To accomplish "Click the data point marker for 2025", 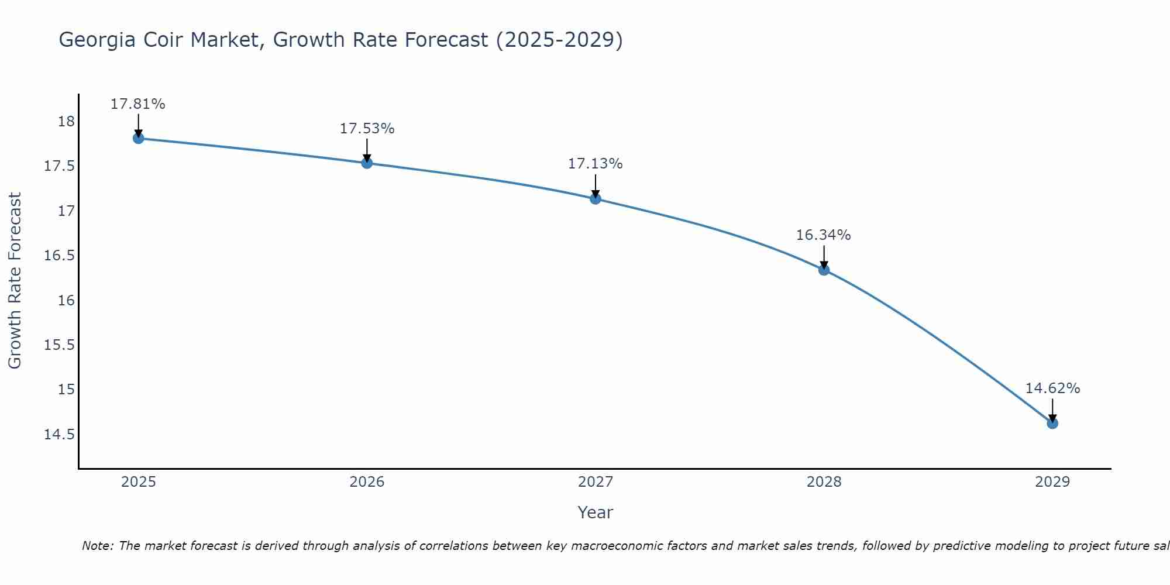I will [139, 138].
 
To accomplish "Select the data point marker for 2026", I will [367, 163].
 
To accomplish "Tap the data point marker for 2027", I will [596, 198].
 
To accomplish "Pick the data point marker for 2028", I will [824, 270].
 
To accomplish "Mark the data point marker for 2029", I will [1052, 423].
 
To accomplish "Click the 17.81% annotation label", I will [138, 104].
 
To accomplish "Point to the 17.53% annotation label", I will [367, 129].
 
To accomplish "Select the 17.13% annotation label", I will [596, 164].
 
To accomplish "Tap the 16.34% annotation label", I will [824, 235].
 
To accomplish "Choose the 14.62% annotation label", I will [1052, 388].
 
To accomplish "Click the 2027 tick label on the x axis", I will [596, 482].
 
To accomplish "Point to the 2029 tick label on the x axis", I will [1052, 482].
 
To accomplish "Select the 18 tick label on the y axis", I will [67, 122].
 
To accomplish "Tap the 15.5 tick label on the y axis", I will [60, 345].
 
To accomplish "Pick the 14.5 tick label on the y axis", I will [60, 434].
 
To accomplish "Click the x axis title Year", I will [596, 512].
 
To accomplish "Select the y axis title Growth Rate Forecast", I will [15, 281].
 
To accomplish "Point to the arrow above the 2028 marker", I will [824, 256].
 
